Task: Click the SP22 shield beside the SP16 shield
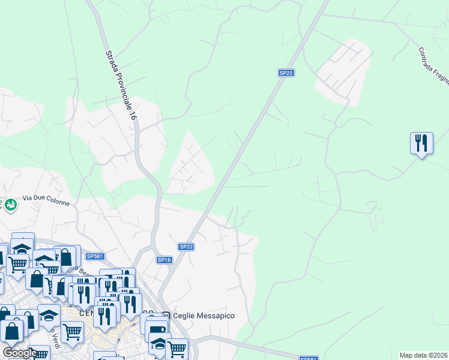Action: [186, 247]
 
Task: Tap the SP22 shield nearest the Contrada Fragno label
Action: [286, 73]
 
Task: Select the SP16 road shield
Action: [164, 260]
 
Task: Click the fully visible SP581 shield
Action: [95, 256]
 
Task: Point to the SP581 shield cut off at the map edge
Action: [308, 358]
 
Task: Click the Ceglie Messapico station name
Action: [203, 316]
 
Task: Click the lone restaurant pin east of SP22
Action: [421, 143]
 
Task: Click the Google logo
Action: [19, 353]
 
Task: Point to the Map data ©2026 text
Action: [424, 355]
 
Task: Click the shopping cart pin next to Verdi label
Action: [72, 330]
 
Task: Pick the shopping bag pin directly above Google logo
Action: [11, 330]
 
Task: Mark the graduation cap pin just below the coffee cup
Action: [159, 344]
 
